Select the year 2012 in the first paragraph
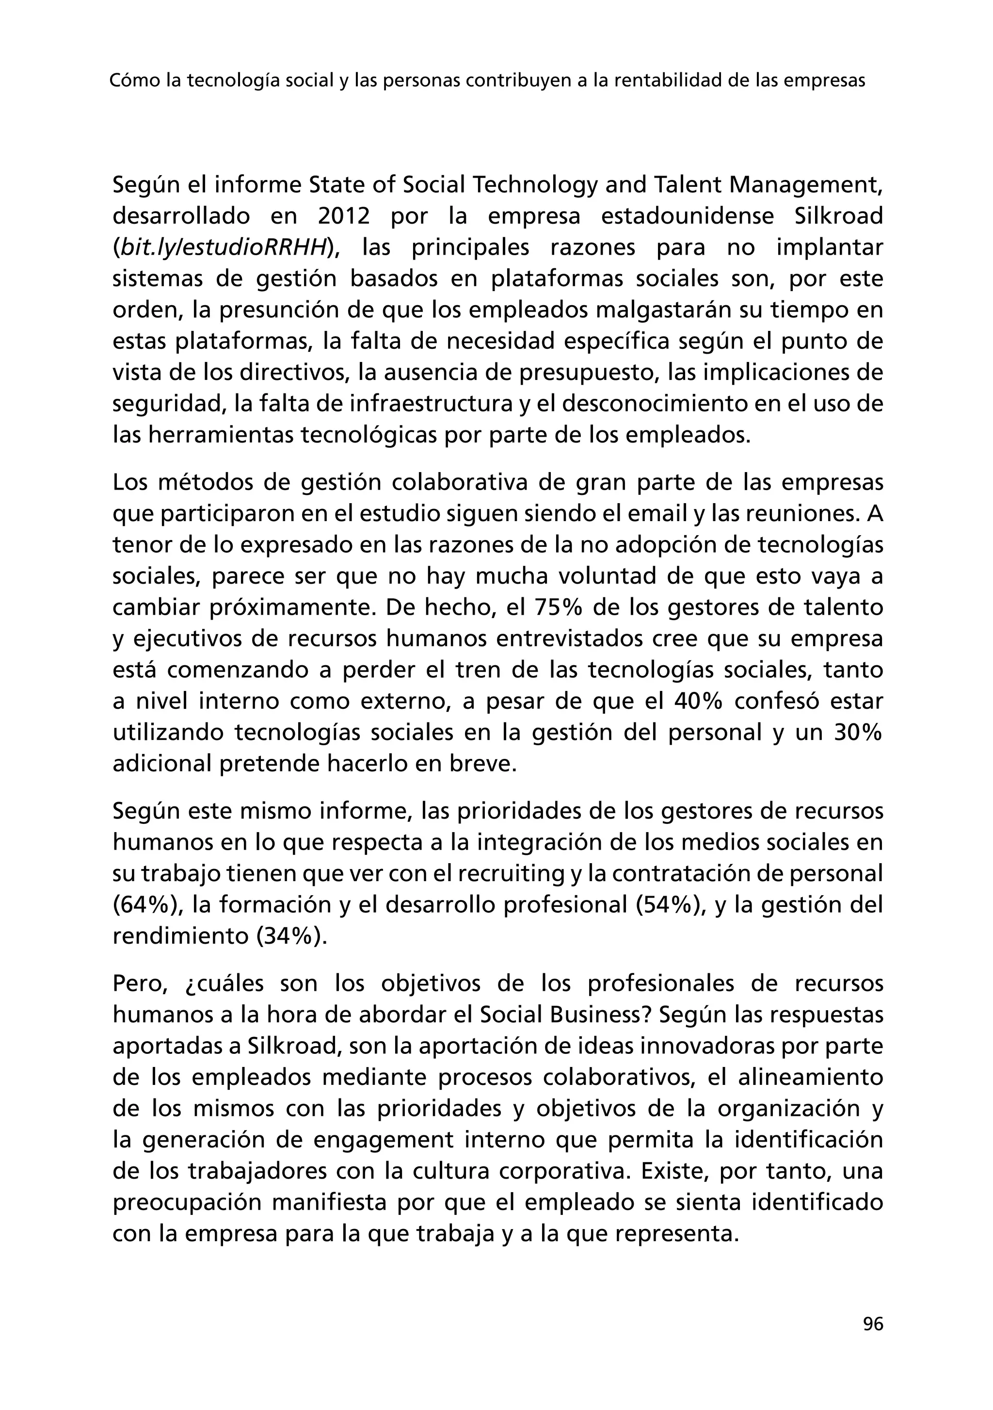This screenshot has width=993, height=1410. coord(344,216)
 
